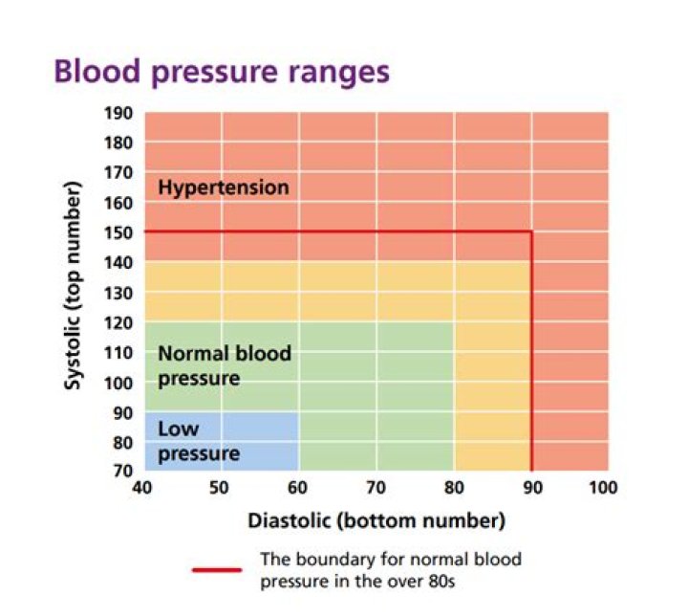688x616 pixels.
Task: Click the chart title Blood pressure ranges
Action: click(x=222, y=72)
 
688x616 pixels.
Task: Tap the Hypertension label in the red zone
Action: click(x=223, y=187)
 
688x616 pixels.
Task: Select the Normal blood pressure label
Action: click(x=225, y=365)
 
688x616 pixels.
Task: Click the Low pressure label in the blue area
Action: click(x=198, y=441)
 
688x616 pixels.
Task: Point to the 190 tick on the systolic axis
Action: click(x=118, y=113)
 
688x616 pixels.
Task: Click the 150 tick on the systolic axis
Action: click(x=118, y=232)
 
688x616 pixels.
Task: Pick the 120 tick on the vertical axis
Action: click(x=118, y=322)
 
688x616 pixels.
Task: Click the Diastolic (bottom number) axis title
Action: click(x=376, y=521)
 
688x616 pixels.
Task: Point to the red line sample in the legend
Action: click(x=217, y=569)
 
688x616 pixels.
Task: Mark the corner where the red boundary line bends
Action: click(x=531, y=231)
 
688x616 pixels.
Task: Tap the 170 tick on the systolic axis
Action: click(x=118, y=173)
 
